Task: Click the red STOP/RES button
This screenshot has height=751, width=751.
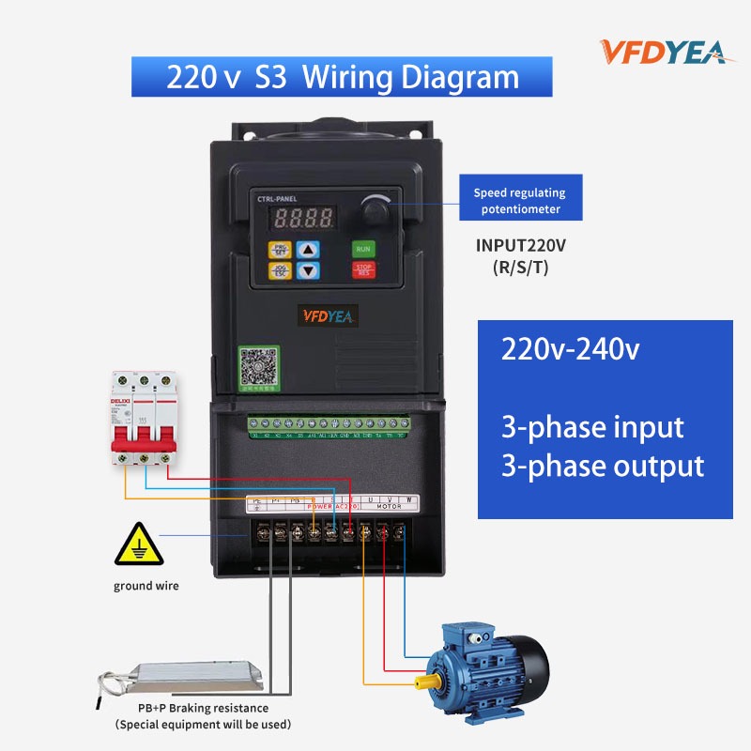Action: click(363, 270)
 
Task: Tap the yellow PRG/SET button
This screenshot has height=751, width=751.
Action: click(280, 250)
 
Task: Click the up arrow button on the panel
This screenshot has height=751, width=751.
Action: click(309, 250)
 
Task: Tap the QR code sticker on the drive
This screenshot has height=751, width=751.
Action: click(255, 365)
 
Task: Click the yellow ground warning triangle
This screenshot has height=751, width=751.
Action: click(133, 545)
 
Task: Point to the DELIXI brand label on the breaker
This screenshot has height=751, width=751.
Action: click(120, 402)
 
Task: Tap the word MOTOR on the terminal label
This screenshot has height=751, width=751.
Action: click(388, 506)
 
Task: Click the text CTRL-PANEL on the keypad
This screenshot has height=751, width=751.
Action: click(277, 200)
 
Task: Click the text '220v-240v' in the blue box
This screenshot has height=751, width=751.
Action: click(571, 350)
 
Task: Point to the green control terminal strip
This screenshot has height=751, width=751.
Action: click(328, 425)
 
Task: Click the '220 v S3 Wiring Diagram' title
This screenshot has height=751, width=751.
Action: click(342, 76)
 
